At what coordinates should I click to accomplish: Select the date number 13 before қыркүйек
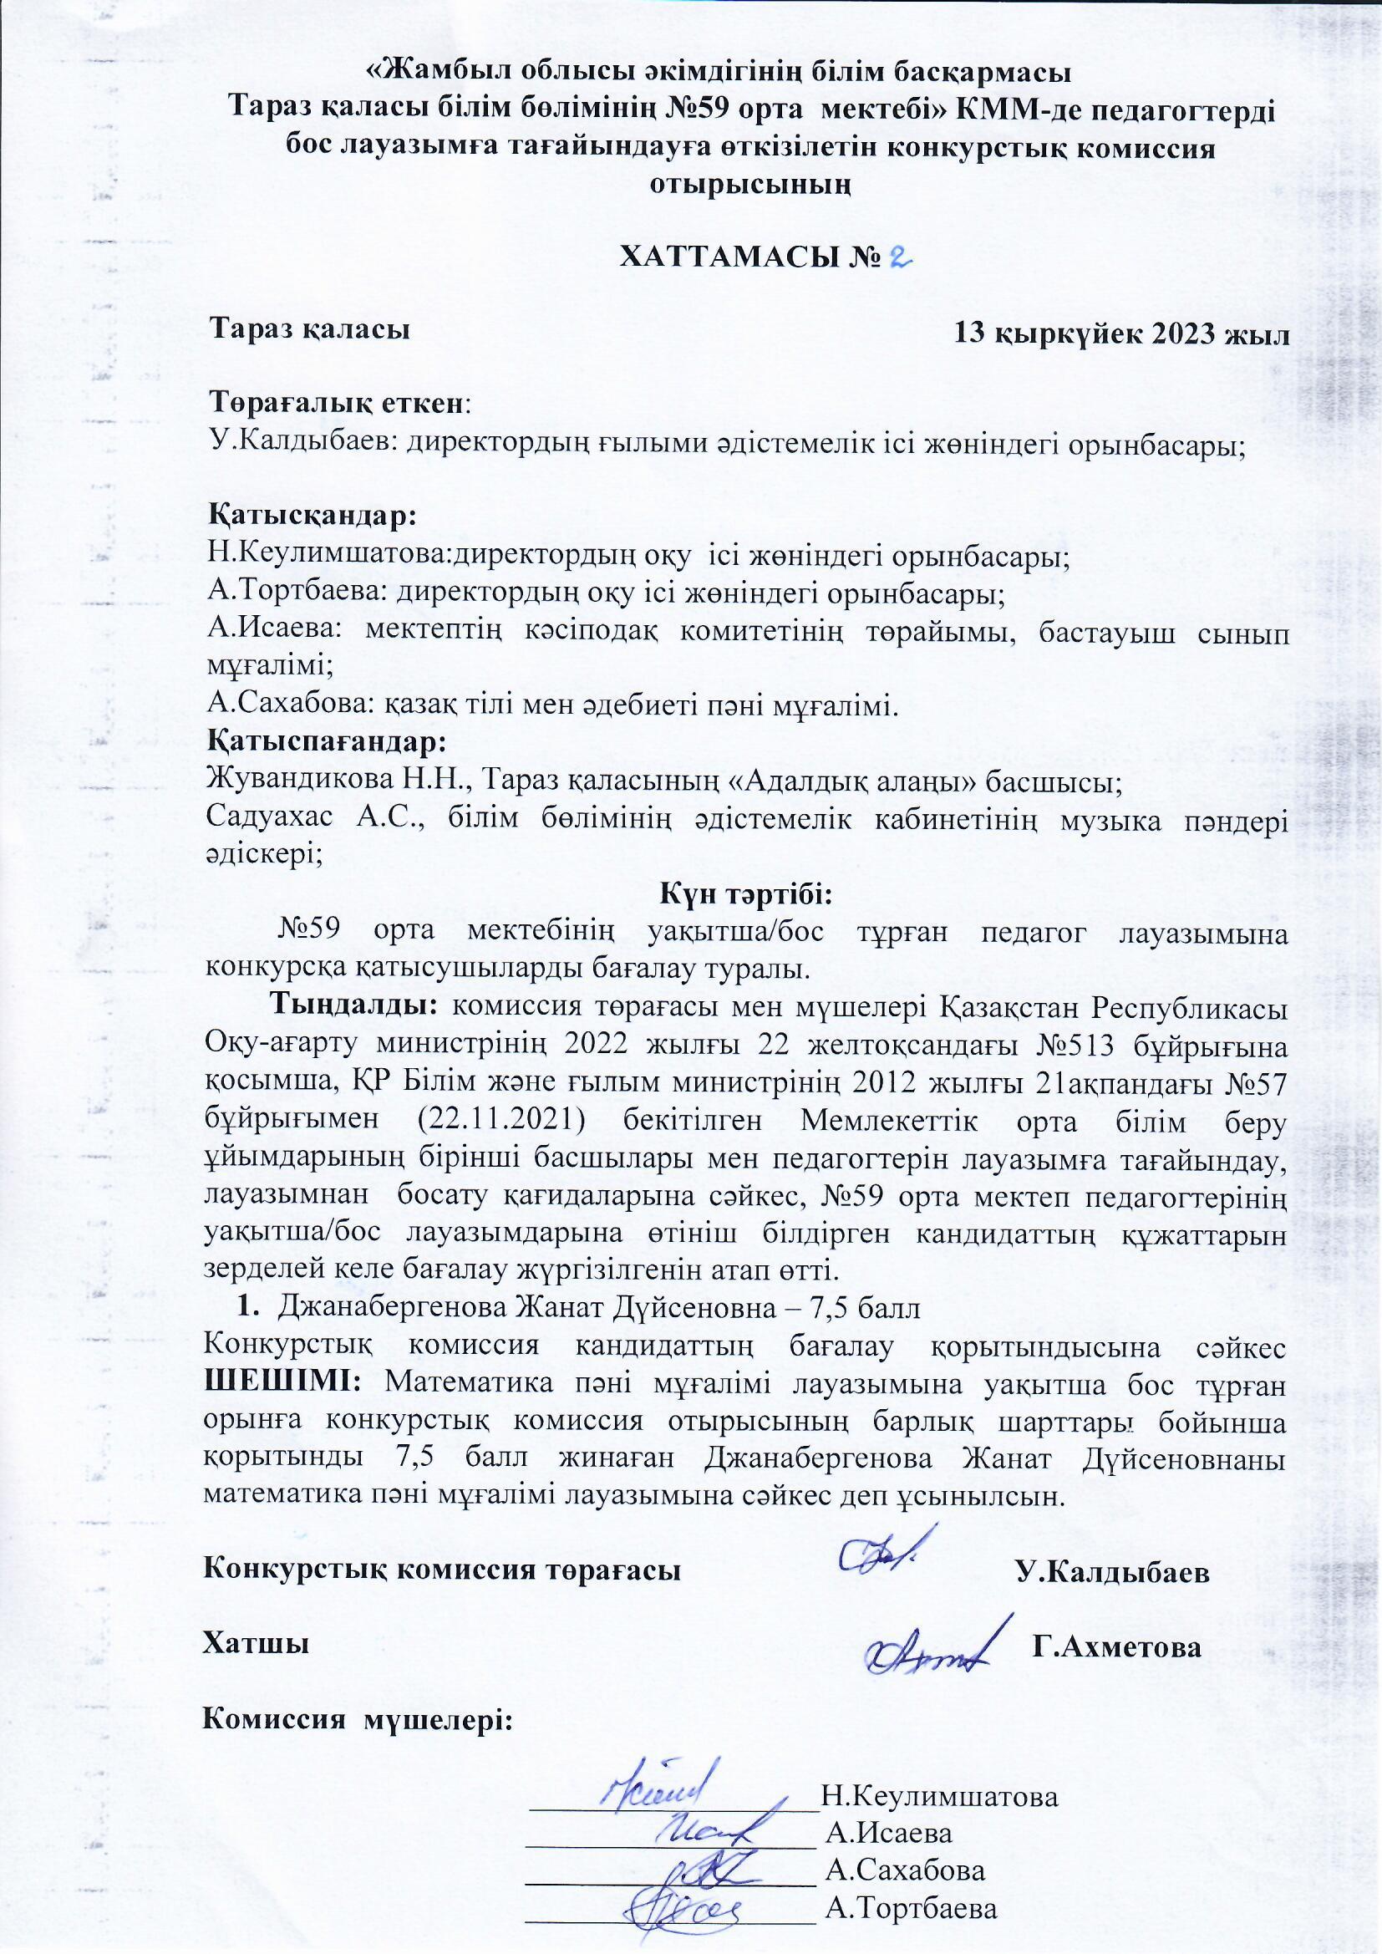pyautogui.click(x=973, y=333)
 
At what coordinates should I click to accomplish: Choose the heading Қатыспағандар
pyautogui.click(x=327, y=740)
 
